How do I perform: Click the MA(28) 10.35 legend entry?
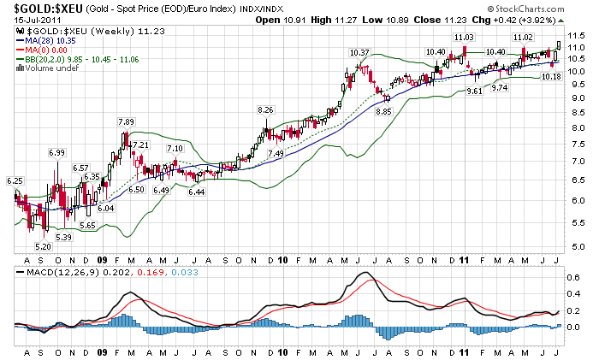[x=51, y=39]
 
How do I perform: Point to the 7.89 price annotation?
[x=126, y=121]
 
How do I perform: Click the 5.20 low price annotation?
[x=44, y=245]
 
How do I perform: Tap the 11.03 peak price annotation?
[x=463, y=37]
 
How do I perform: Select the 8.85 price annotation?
[x=383, y=110]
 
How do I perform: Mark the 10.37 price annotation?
[x=359, y=53]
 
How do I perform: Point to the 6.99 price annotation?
[x=57, y=152]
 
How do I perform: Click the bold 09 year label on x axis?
[x=103, y=258]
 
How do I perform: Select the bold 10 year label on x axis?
[x=283, y=258]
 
